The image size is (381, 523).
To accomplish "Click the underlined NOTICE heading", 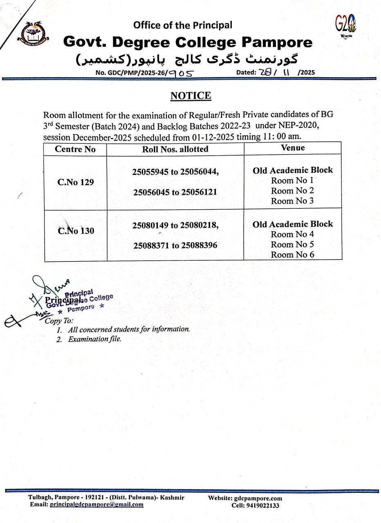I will (190, 96).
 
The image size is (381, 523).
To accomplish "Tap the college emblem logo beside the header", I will (33, 33).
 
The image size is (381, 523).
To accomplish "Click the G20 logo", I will (346, 24).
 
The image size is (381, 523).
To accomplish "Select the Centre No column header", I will (75, 149).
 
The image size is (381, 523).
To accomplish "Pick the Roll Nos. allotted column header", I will (175, 149).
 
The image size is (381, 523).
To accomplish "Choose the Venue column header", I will (293, 148).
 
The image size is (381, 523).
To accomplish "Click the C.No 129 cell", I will (76, 182).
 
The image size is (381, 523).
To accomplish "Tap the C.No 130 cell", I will (76, 231).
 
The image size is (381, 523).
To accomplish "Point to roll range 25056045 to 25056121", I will (175, 192).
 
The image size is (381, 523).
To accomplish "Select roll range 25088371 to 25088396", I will (175, 246).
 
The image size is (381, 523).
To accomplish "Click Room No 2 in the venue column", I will (292, 191).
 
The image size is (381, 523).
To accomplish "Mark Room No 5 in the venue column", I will (292, 244).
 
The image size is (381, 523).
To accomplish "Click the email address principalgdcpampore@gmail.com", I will (96, 505).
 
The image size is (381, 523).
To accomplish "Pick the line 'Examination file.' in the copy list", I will (94, 339).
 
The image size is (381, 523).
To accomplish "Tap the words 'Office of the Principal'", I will (183, 25).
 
